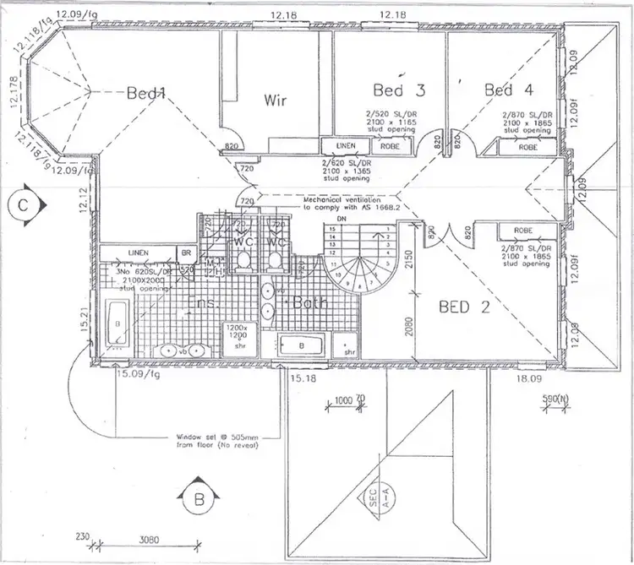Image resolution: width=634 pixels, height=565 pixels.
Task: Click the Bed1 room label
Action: tap(145, 94)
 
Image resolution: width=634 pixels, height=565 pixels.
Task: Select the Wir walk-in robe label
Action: tap(276, 101)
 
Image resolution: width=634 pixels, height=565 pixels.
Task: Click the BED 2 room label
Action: tap(465, 307)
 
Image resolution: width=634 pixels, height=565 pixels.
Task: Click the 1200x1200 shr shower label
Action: tap(235, 335)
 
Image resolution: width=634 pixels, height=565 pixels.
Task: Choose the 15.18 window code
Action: tap(302, 380)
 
